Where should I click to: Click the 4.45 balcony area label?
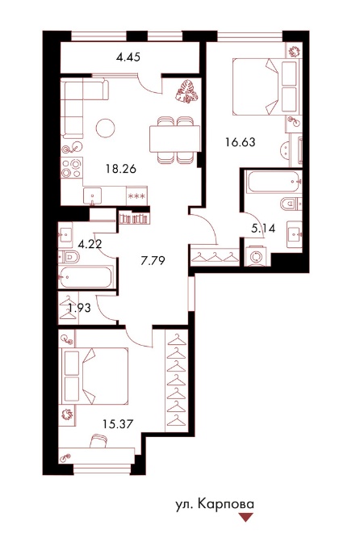[128, 57]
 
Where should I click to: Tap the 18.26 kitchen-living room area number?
[121, 169]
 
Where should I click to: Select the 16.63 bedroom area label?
[241, 141]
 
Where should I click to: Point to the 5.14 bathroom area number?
[263, 228]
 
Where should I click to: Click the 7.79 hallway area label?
[153, 261]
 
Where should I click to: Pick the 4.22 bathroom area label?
[90, 244]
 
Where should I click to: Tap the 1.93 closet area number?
[80, 308]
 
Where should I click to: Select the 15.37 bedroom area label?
[118, 424]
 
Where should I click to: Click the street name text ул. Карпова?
[215, 505]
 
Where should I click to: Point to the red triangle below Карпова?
[246, 517]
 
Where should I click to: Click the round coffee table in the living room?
[105, 128]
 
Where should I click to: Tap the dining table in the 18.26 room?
[174, 139]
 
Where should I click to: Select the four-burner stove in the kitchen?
[72, 167]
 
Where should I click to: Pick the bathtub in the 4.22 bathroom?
[86, 276]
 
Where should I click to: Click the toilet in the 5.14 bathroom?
[291, 204]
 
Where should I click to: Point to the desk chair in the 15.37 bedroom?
[99, 440]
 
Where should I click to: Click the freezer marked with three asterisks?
[136, 196]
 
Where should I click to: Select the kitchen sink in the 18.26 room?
[93, 196]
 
